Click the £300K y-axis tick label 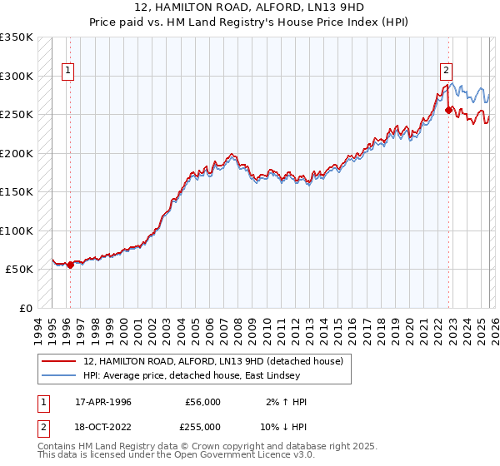(x=17, y=76)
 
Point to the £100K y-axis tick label (x=17, y=231)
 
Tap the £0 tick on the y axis (x=25, y=308)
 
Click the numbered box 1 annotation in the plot (x=67, y=72)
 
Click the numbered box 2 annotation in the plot (x=447, y=72)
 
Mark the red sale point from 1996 (x=70, y=265)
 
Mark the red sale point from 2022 (x=448, y=110)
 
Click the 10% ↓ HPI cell (x=282, y=426)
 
